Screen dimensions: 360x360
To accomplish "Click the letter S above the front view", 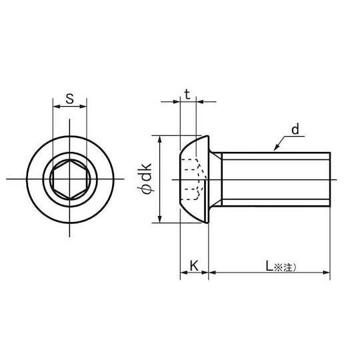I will tap(69, 100).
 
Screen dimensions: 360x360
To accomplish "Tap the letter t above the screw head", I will tap(188, 95).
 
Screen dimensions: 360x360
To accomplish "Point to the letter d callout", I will tap(294, 129).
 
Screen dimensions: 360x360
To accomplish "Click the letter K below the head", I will tap(194, 266).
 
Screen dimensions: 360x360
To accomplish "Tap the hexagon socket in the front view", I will tap(69, 179).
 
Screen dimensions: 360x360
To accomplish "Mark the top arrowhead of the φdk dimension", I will tap(159, 138).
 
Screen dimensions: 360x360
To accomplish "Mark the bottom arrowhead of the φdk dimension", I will tap(159, 221).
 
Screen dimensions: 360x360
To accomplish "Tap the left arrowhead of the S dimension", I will tap(55, 107).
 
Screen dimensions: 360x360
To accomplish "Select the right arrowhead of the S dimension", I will tap(84, 107).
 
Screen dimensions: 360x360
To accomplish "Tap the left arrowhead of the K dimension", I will tap(183, 272).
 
